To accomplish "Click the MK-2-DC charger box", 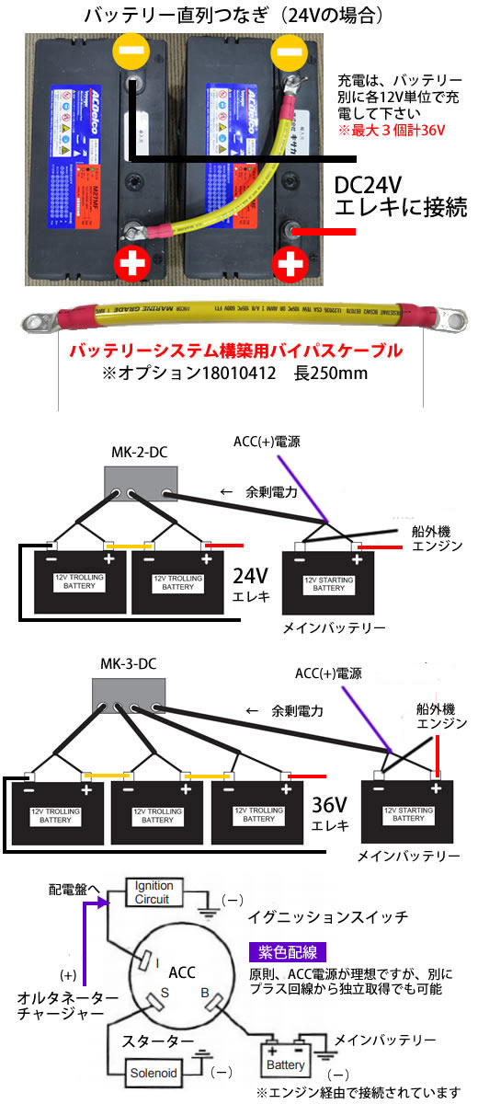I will [x=140, y=481].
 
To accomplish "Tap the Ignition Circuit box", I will [x=154, y=892].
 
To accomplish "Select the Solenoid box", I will [x=154, y=1072].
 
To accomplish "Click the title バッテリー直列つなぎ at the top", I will [x=184, y=16].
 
